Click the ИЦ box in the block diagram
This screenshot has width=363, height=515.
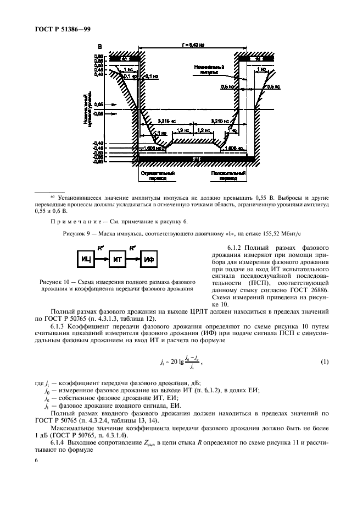click(86, 258)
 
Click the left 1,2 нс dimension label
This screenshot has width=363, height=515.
click(182, 130)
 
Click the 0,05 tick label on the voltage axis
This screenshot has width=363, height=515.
click(98, 103)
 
